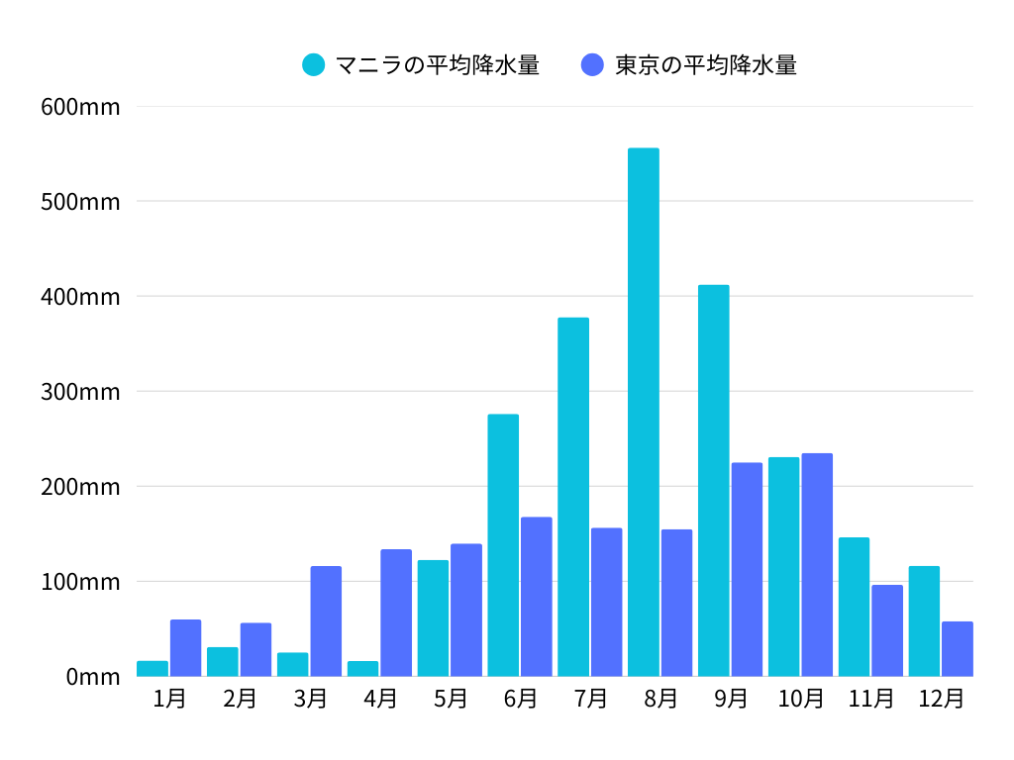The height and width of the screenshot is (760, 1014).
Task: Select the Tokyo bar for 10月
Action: [x=817, y=564]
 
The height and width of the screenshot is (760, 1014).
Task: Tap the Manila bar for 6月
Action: [x=503, y=544]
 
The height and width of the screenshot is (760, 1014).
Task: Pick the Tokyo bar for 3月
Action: [x=326, y=620]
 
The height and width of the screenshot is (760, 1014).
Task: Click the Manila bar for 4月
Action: [x=362, y=668]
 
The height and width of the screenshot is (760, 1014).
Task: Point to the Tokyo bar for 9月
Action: [x=747, y=569]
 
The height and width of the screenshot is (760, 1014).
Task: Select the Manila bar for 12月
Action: [x=924, y=620]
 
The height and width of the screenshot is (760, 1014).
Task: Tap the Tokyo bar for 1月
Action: [x=185, y=647]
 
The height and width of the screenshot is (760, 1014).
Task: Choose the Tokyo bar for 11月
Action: [x=887, y=630]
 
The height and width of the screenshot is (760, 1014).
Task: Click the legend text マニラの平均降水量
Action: [x=437, y=65]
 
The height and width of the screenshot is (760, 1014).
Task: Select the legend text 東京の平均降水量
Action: [x=705, y=65]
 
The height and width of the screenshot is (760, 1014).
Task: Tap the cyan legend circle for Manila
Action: [x=314, y=65]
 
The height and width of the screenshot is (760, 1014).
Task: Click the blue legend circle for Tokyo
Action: [x=592, y=65]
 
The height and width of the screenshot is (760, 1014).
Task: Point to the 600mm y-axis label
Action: [x=80, y=107]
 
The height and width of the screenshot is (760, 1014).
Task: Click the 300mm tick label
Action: [x=80, y=392]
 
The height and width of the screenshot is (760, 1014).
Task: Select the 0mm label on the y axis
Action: [x=93, y=677]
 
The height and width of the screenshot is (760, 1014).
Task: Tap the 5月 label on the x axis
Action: [x=450, y=699]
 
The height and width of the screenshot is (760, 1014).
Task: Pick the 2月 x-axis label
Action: [x=240, y=699]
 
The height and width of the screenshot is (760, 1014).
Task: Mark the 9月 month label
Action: [x=731, y=699]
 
